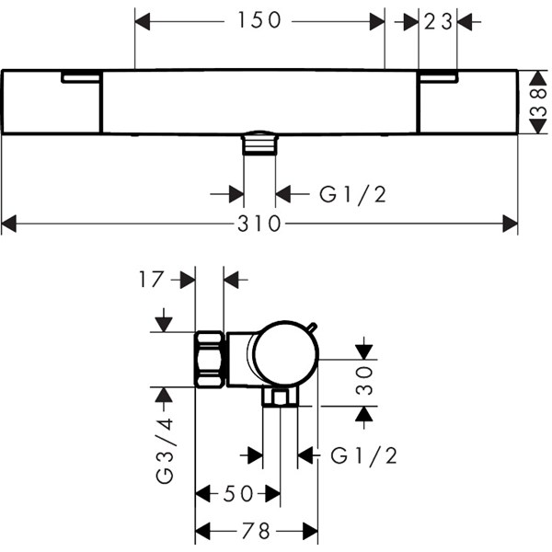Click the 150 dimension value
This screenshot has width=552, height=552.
(x=259, y=20)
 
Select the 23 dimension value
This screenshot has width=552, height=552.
(x=439, y=20)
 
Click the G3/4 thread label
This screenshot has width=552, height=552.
(x=165, y=451)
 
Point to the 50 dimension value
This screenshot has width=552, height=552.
(x=238, y=494)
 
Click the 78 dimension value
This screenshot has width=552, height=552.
(x=257, y=531)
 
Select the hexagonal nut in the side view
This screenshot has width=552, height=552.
(x=210, y=359)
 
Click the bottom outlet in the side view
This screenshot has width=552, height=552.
(x=280, y=397)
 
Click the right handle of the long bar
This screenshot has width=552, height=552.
(x=467, y=102)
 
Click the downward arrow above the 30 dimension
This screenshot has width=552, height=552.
(x=365, y=350)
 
